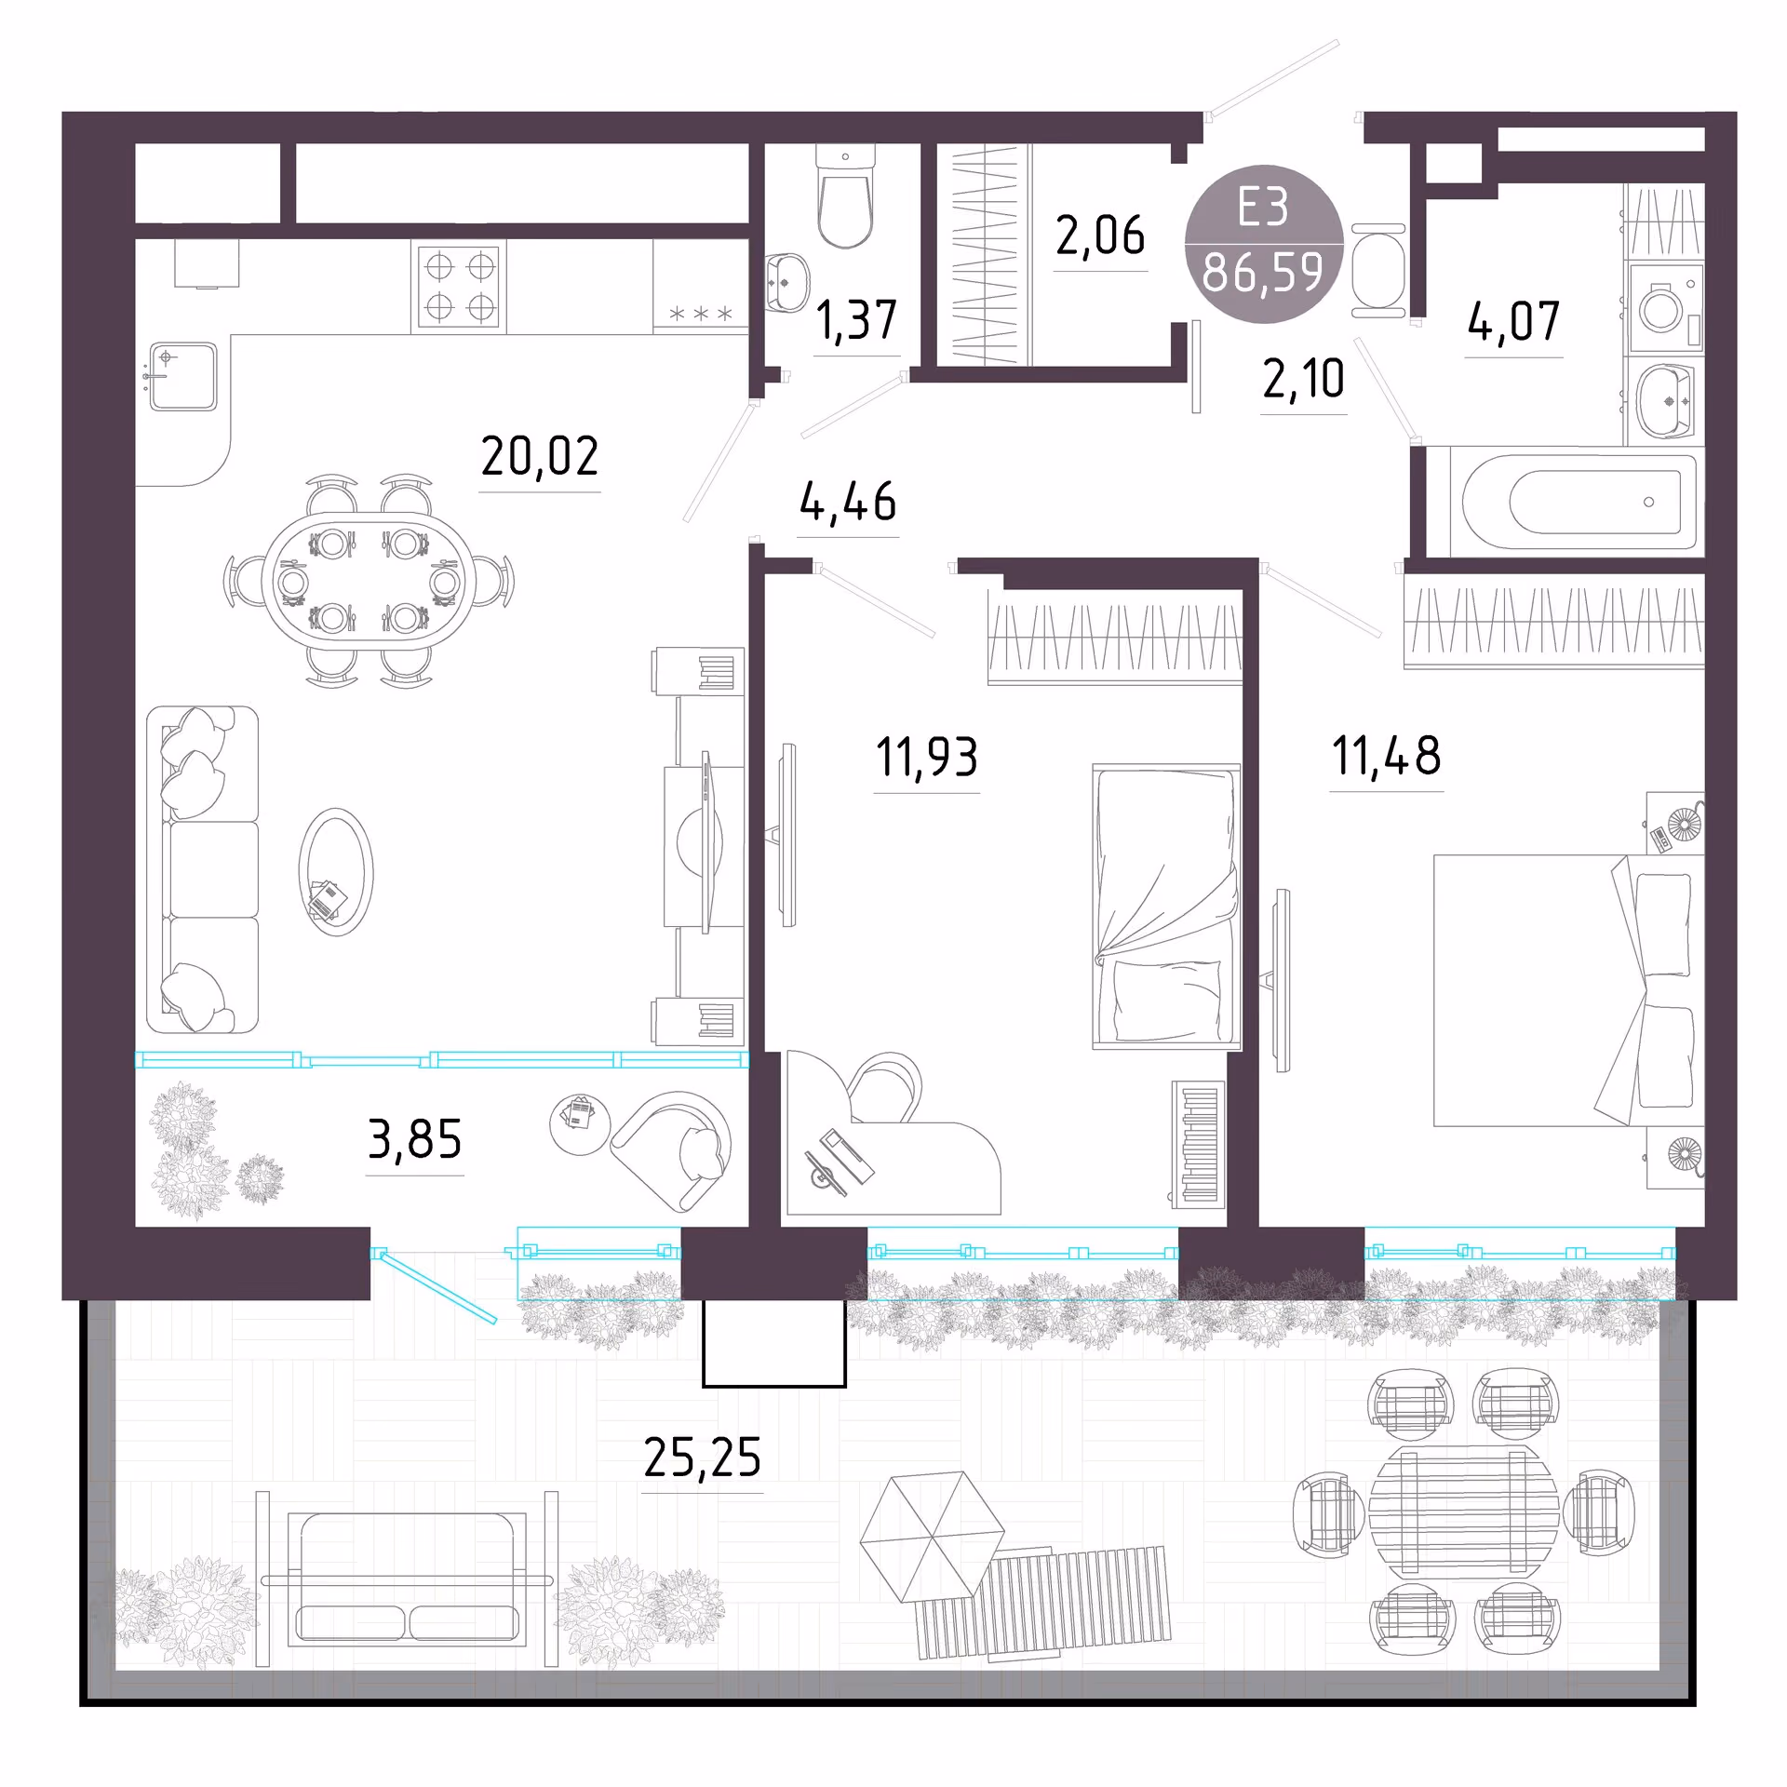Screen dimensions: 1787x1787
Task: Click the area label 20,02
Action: (540, 456)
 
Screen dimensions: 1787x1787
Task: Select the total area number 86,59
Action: (1263, 273)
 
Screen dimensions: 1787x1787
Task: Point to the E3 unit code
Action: (1263, 207)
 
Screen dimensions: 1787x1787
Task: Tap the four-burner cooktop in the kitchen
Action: (460, 286)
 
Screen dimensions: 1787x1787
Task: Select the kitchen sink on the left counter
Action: (183, 377)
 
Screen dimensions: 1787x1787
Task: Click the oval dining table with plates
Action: (368, 581)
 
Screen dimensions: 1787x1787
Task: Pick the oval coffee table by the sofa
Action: (336, 872)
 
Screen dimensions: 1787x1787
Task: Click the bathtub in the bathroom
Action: (1578, 503)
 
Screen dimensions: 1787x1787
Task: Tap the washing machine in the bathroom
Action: (1665, 307)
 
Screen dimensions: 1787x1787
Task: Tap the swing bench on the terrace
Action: (408, 1579)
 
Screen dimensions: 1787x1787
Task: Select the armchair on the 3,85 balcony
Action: (672, 1151)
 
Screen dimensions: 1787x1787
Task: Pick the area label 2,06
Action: (1100, 235)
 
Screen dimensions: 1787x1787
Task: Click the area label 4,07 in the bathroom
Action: (1513, 322)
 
